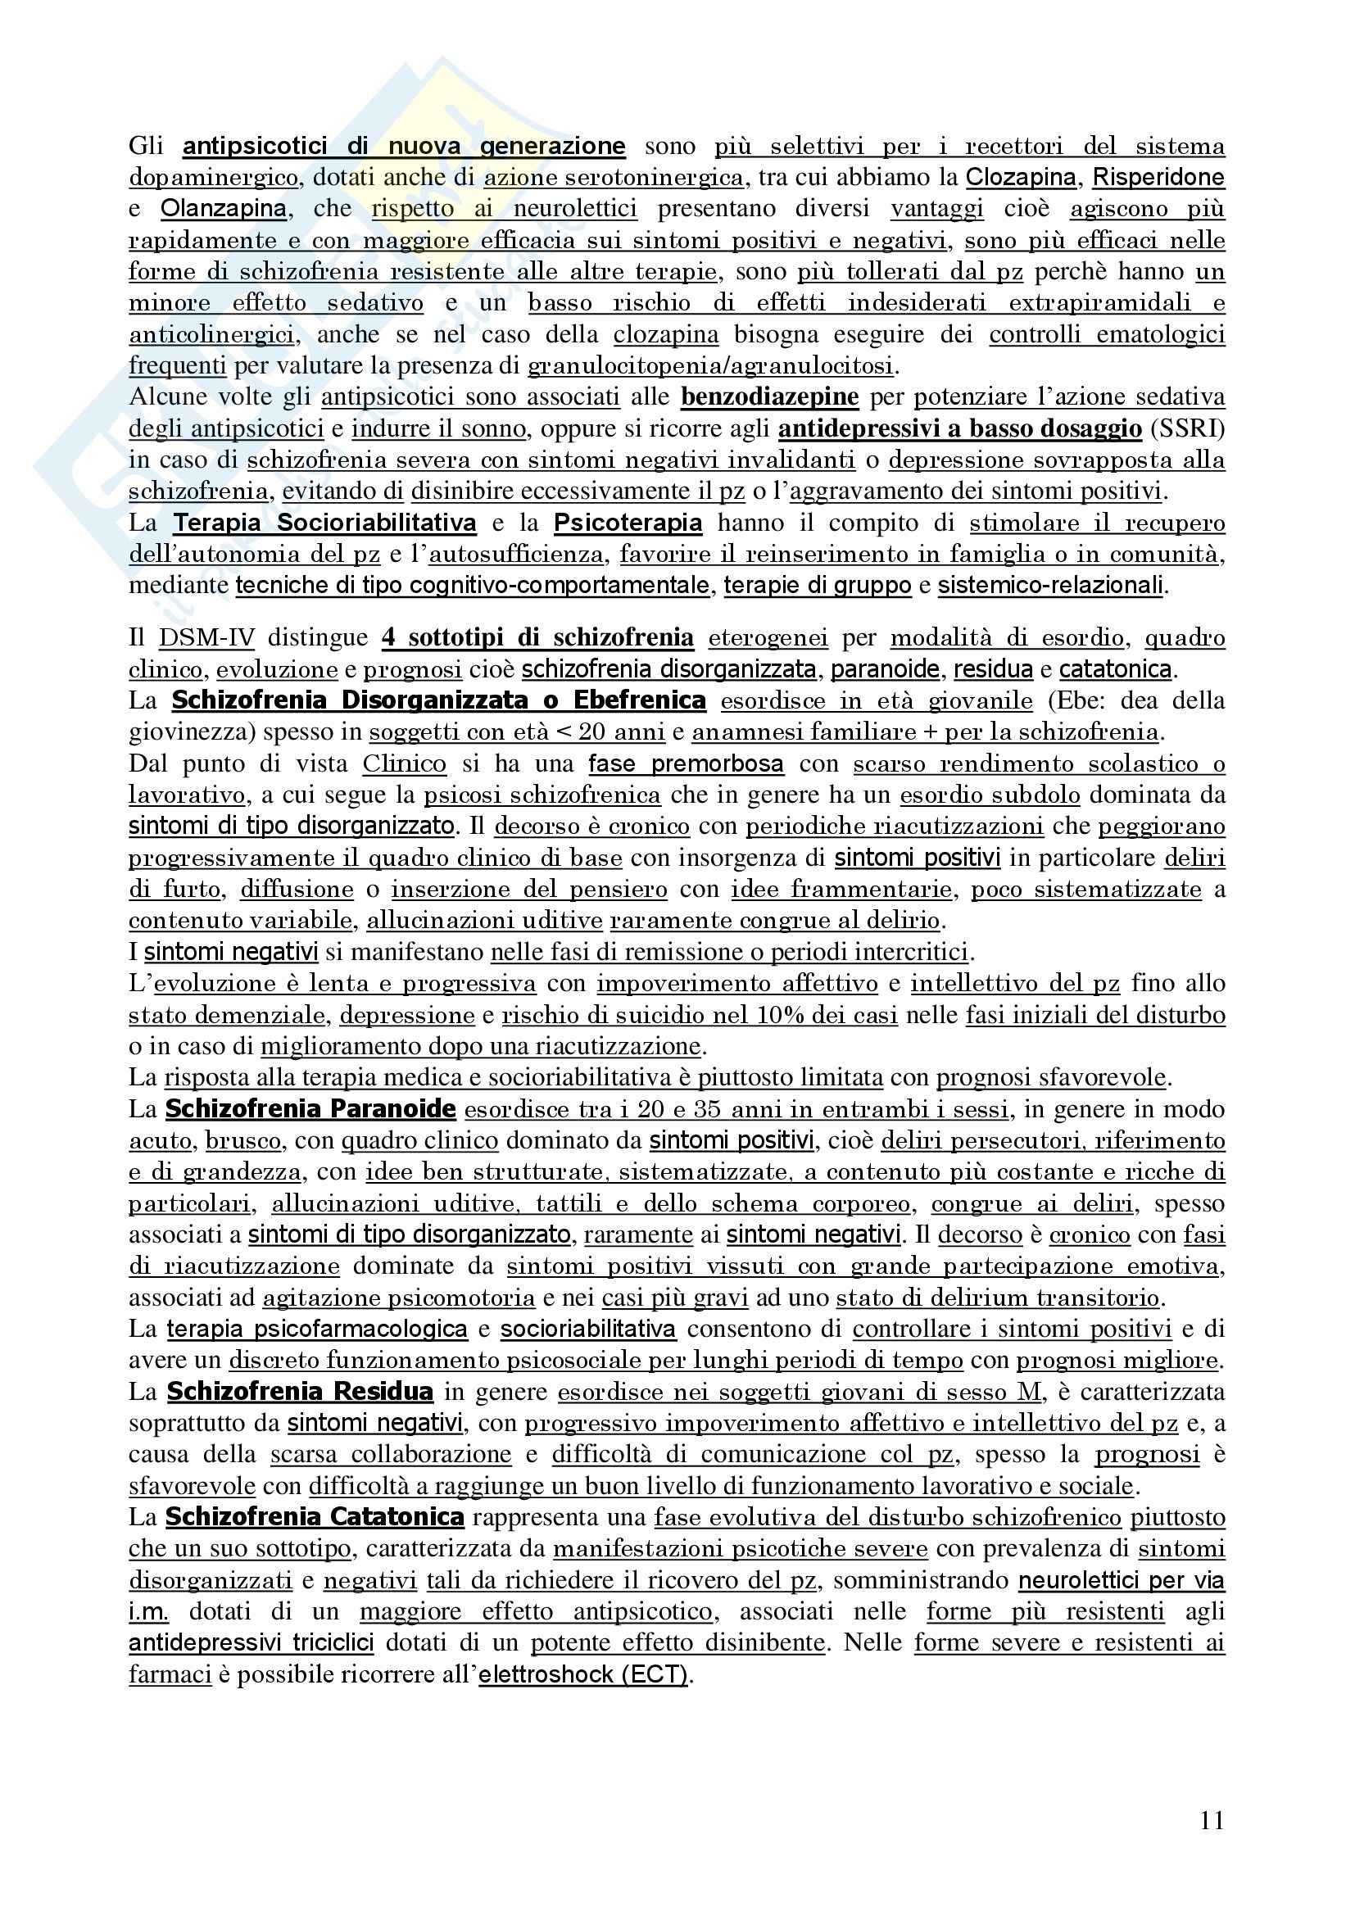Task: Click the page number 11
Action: pos(1212,1819)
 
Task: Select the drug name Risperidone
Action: pos(1158,177)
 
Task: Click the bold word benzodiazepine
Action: pos(769,396)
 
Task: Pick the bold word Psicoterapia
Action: pos(628,523)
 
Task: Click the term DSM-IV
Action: pos(206,637)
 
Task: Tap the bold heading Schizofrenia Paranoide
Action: pos(310,1109)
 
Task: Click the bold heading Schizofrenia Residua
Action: pos(300,1391)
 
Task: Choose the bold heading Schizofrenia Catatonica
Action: pos(315,1516)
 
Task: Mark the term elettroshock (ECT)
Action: pos(583,1674)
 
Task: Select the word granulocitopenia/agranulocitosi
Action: pos(711,365)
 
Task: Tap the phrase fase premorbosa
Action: pos(685,763)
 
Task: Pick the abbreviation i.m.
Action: pos(148,1611)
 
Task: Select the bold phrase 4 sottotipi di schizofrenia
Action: pos(537,637)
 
